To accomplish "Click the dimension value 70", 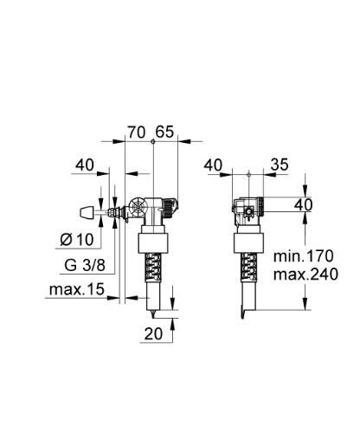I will tap(136, 132).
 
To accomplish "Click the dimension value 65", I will tap(166, 132).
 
